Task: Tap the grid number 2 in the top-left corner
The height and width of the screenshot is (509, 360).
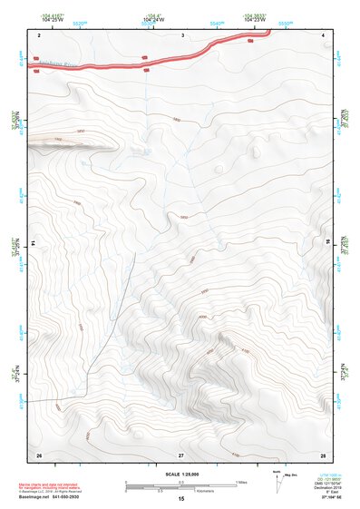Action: point(40,34)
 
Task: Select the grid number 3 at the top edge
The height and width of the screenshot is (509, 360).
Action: point(182,34)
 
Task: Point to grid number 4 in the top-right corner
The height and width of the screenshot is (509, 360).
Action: point(324,34)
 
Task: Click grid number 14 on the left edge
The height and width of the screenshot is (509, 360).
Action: point(33,243)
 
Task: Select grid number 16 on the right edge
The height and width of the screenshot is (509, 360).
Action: point(328,243)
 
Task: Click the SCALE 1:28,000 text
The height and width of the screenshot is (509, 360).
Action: point(181,475)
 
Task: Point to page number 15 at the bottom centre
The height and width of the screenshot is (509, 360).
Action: point(181,499)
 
